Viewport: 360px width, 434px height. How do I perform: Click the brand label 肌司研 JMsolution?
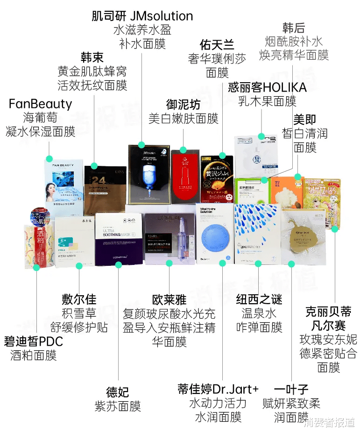pos(142,16)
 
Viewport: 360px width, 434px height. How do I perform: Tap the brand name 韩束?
pos(92,57)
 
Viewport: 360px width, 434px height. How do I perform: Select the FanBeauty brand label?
pos(40,103)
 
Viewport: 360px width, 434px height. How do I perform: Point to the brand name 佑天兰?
pos(217,45)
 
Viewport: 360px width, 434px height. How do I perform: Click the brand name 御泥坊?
pos(183,104)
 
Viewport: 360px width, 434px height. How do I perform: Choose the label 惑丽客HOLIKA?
pos(267,87)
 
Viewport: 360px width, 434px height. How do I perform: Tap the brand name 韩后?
pos(294,27)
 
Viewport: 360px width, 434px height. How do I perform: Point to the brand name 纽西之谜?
pos(259,299)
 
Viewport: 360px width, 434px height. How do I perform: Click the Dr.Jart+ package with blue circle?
pos(214,234)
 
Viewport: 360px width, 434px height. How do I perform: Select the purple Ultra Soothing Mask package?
pos(119,239)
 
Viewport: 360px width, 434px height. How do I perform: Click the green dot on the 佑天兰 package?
pos(223,156)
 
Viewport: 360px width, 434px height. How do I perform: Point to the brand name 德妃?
pos(117,392)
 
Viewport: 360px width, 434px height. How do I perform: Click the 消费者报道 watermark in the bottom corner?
pos(329,423)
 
